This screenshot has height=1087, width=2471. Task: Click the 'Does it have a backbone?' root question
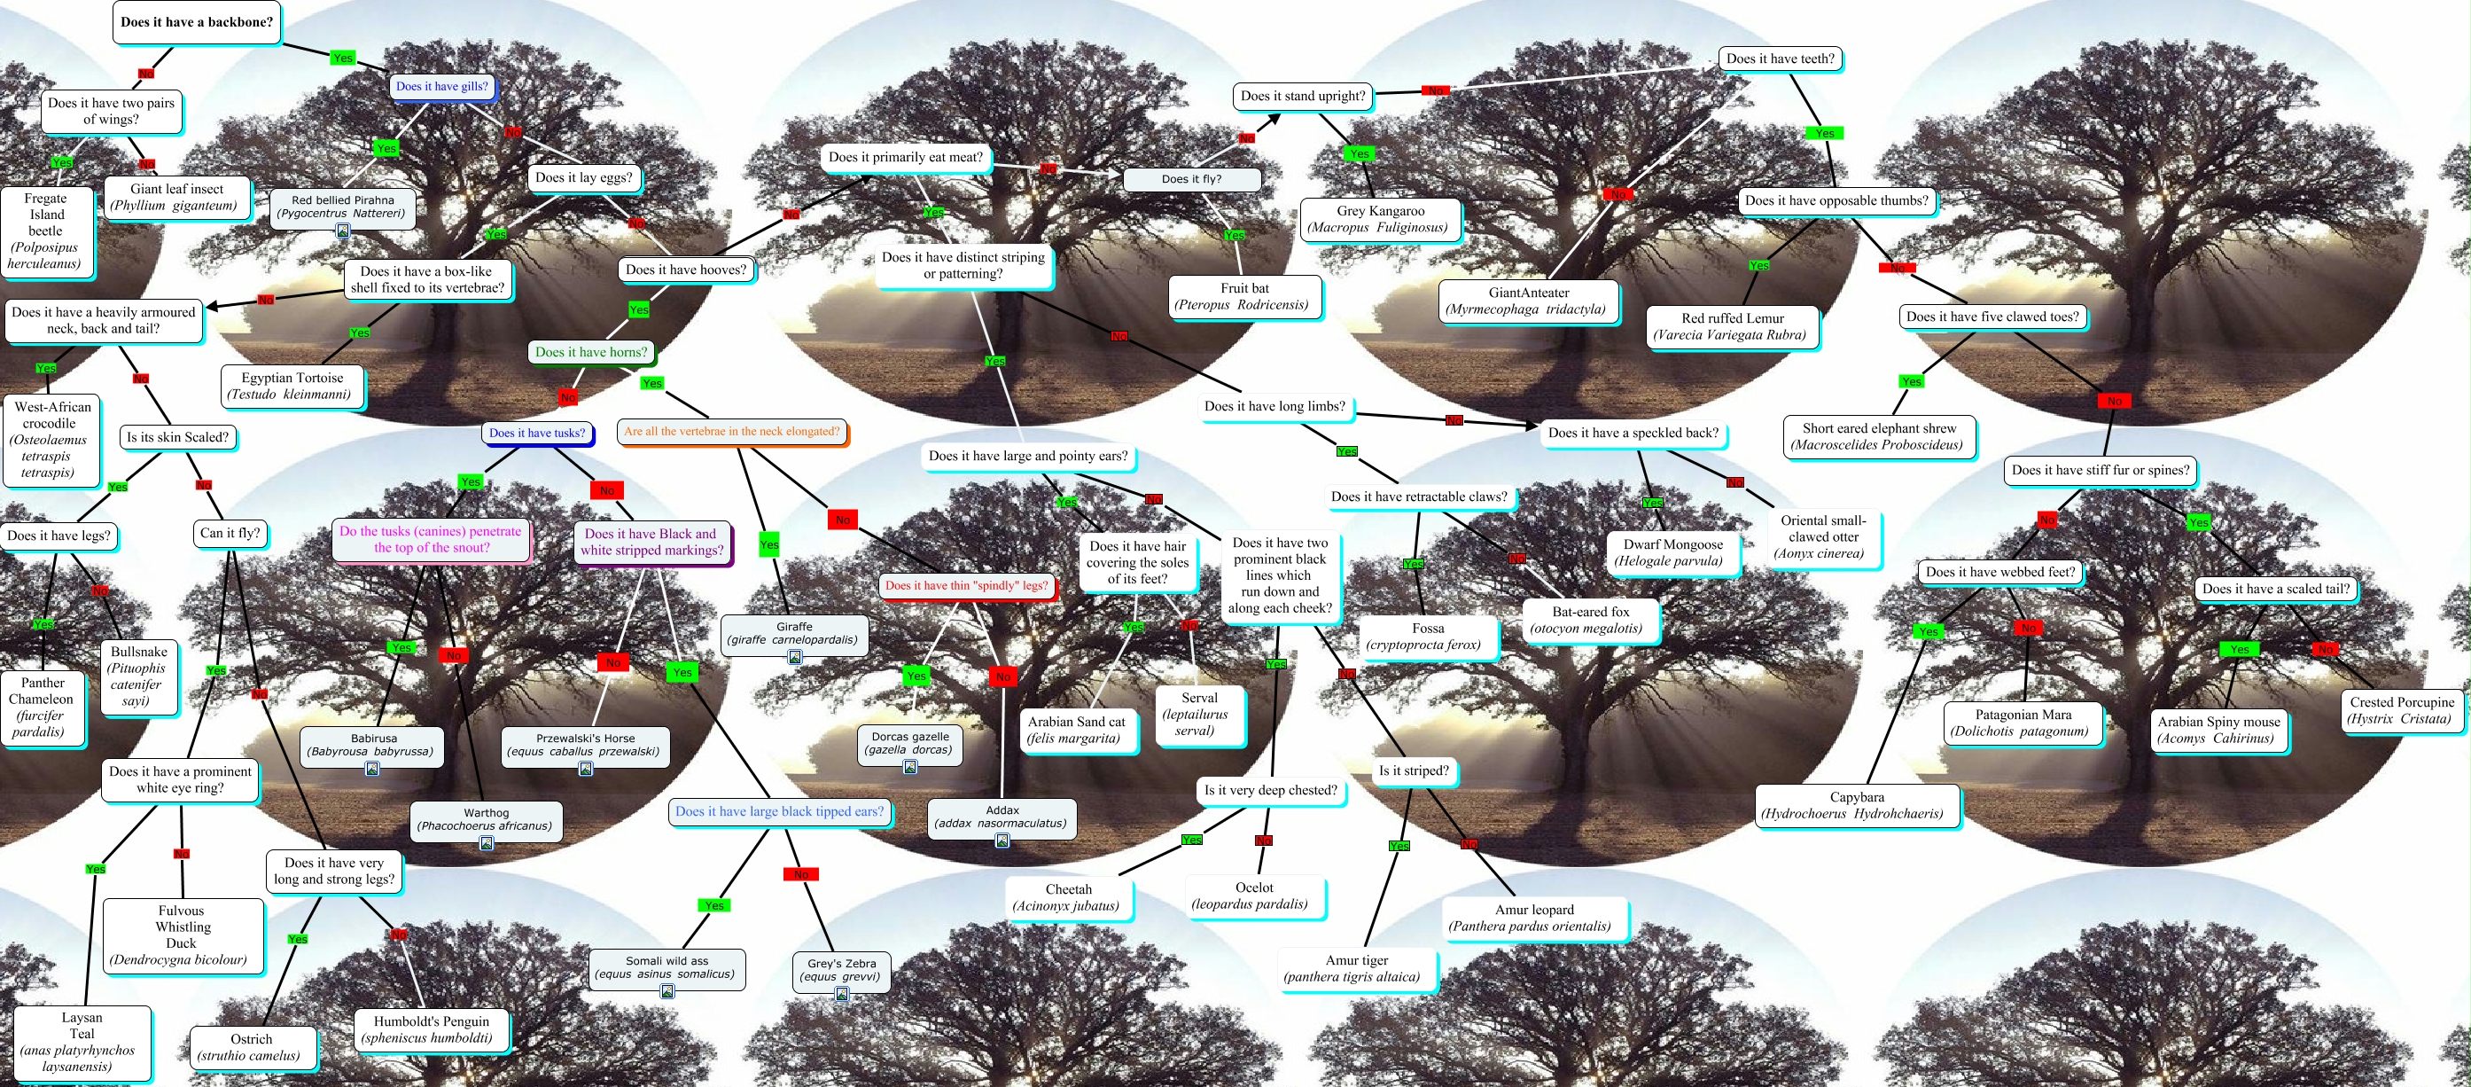pyautogui.click(x=197, y=22)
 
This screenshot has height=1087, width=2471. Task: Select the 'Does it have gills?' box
pyautogui.click(x=441, y=86)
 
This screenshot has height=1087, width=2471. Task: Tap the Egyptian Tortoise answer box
pyautogui.click(x=292, y=386)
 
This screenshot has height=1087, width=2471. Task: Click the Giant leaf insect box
pyautogui.click(x=176, y=197)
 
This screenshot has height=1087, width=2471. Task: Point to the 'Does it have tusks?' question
pyautogui.click(x=536, y=433)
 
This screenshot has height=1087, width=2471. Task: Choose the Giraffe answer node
pyautogui.click(x=793, y=633)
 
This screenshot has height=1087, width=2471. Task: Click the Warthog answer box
pyautogui.click(x=486, y=819)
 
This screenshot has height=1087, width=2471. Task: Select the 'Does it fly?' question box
pyautogui.click(x=1190, y=179)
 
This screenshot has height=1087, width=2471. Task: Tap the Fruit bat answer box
pyautogui.click(x=1243, y=296)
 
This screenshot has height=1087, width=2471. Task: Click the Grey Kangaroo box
pyautogui.click(x=1379, y=219)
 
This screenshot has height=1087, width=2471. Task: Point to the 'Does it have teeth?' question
pyautogui.click(x=1780, y=59)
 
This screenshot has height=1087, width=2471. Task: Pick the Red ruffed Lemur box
pyautogui.click(x=1732, y=326)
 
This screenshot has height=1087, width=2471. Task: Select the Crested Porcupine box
pyautogui.click(x=2401, y=710)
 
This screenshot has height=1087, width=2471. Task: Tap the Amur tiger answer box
pyautogui.click(x=1355, y=968)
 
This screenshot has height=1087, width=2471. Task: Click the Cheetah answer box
pyautogui.click(x=1068, y=897)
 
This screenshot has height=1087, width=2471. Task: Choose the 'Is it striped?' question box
pyautogui.click(x=1413, y=770)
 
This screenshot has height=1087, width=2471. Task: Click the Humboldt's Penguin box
pyautogui.click(x=431, y=1029)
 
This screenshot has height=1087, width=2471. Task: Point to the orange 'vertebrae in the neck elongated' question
pyautogui.click(x=731, y=432)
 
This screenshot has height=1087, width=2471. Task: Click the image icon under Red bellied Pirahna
pyautogui.click(x=342, y=231)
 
